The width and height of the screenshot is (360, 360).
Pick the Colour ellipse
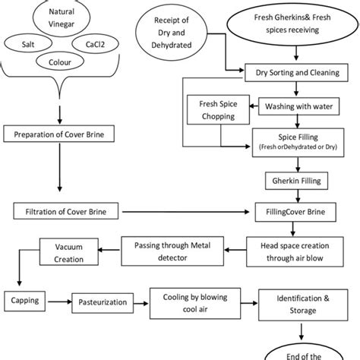point(62,65)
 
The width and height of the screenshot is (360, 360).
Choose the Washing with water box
point(306,106)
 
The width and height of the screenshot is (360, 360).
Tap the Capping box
point(25,300)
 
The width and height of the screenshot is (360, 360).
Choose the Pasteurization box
point(102,301)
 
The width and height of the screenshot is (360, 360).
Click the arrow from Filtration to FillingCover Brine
point(190,209)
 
